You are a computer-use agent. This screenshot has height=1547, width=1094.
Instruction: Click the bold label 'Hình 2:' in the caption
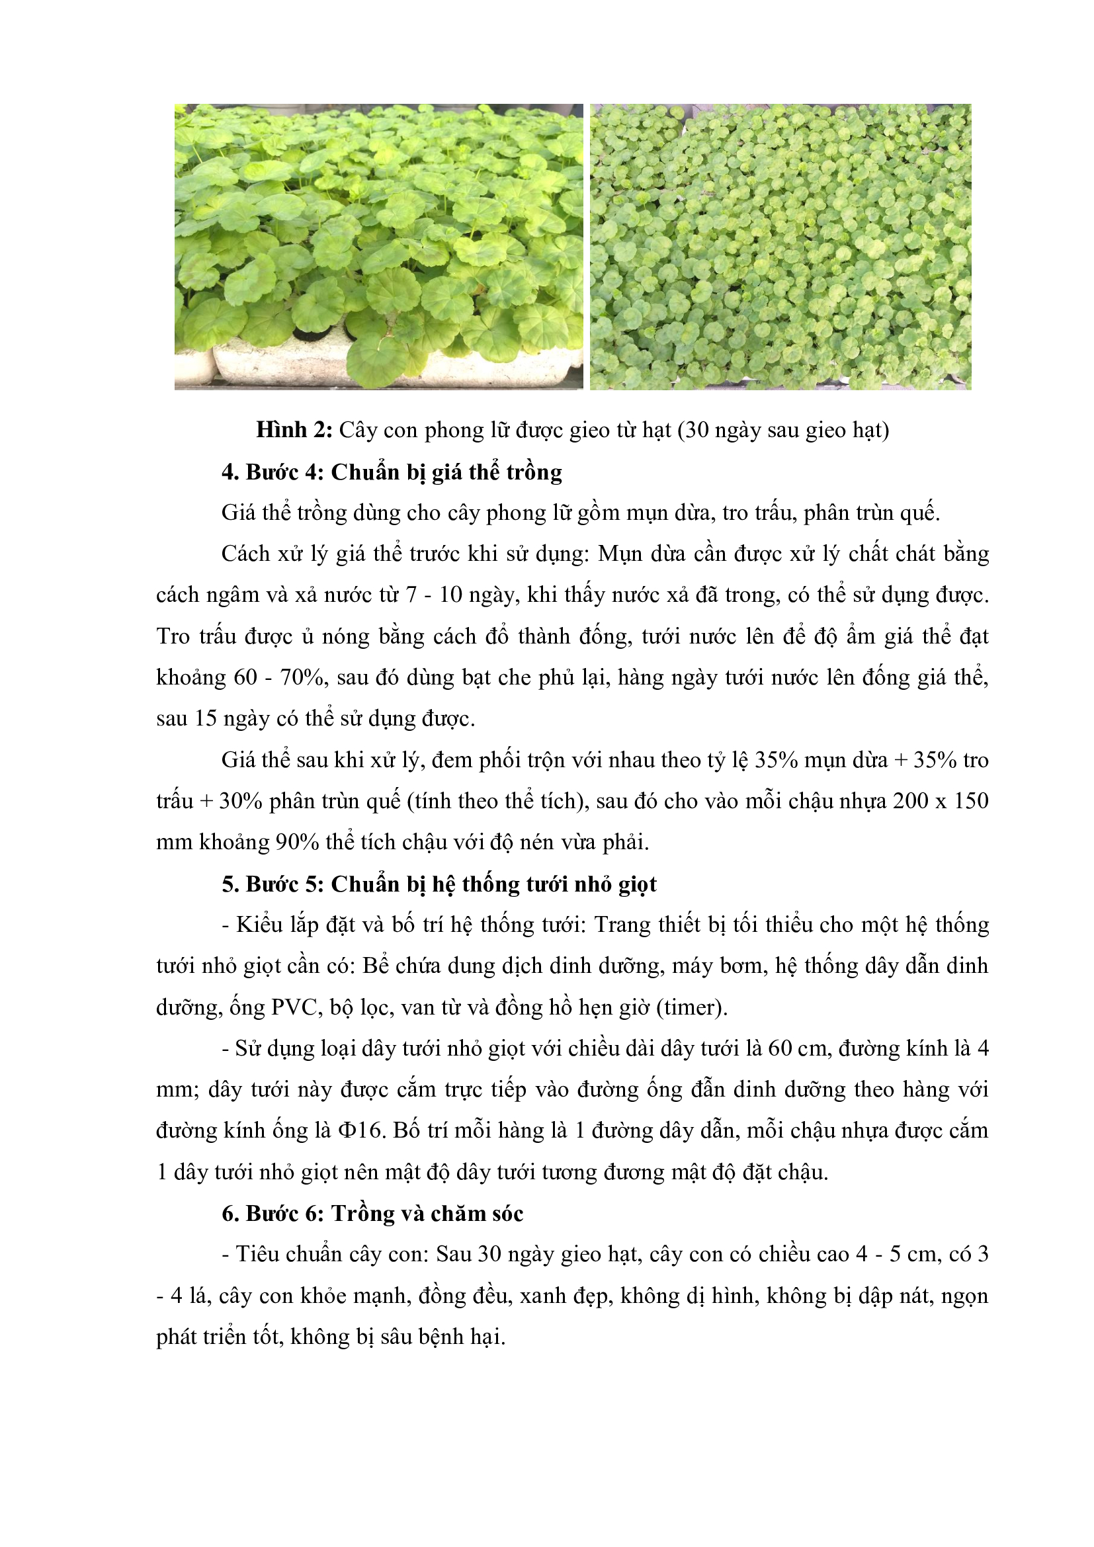(x=294, y=430)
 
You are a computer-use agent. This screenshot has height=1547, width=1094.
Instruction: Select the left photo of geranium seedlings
(x=378, y=246)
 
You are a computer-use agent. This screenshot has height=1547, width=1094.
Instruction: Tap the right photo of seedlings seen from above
(x=780, y=246)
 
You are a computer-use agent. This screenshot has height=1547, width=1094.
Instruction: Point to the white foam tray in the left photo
(x=283, y=364)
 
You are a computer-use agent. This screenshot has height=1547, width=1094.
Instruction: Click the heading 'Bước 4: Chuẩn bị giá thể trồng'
(x=392, y=472)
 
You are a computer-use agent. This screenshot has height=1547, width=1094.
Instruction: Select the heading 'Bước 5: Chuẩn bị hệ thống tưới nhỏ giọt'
(x=439, y=884)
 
